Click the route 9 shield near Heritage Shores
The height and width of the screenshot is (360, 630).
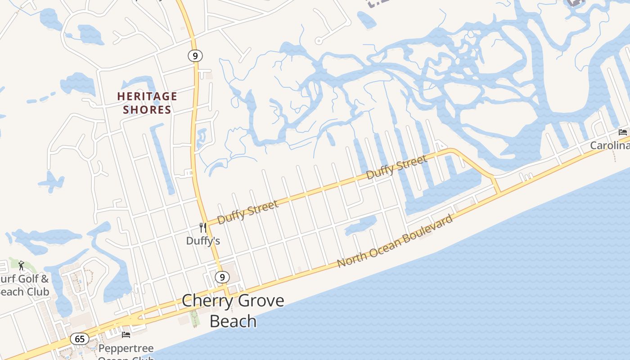point(195,56)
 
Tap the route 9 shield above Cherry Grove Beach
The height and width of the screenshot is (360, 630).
point(222,277)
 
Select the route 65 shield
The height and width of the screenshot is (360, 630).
point(79,338)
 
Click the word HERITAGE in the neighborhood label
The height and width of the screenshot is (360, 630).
point(147,96)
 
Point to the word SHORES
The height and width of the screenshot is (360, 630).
point(147,110)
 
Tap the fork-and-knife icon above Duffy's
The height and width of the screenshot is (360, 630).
point(203,228)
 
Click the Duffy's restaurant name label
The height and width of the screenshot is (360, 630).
point(203,241)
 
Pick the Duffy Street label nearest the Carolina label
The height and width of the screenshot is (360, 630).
point(396,167)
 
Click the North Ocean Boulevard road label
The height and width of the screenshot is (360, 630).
point(395,241)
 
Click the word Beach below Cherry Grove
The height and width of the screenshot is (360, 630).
point(233,321)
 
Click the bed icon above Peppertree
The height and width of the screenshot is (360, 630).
point(126,335)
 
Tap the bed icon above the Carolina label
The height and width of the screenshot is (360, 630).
point(623,132)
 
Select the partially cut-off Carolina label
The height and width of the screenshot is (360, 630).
point(610,145)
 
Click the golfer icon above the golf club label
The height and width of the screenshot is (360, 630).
point(21,265)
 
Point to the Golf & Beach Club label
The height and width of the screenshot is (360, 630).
point(24,285)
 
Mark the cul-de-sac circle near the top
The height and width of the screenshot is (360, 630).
point(319,41)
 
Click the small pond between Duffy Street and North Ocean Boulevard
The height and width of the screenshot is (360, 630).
point(361,225)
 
